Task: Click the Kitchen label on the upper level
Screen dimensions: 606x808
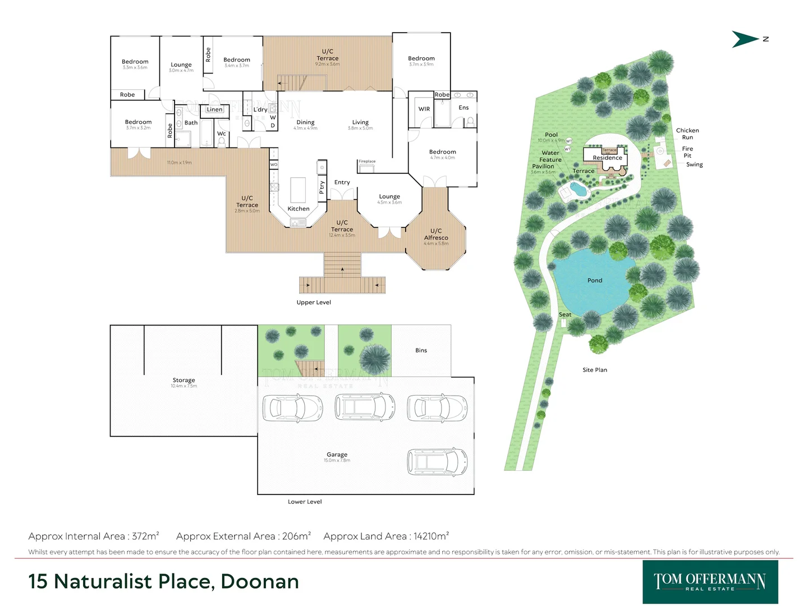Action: coord(299,209)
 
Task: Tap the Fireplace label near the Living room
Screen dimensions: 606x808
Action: coord(367,162)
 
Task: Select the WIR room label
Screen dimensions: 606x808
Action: coord(424,109)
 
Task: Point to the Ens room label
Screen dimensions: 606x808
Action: coord(463,108)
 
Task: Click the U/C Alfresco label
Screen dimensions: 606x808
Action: coord(436,235)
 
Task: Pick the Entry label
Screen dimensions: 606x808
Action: coord(342,182)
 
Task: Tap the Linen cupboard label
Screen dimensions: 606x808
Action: coord(214,109)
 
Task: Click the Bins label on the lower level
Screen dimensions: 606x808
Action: coord(421,351)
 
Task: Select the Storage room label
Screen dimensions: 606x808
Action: coord(183,380)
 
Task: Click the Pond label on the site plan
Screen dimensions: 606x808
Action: coord(595,281)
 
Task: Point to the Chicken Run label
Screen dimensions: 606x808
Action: coord(687,134)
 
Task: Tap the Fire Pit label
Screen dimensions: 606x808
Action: coord(687,152)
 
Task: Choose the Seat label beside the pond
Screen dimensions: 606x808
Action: coord(565,315)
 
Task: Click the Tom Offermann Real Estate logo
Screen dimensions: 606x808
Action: coord(710,582)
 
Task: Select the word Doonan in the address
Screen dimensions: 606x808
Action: coord(260,582)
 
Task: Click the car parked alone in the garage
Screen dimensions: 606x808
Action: coord(437,462)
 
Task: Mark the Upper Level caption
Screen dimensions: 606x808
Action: coord(314,302)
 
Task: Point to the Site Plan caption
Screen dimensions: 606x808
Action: coord(595,370)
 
